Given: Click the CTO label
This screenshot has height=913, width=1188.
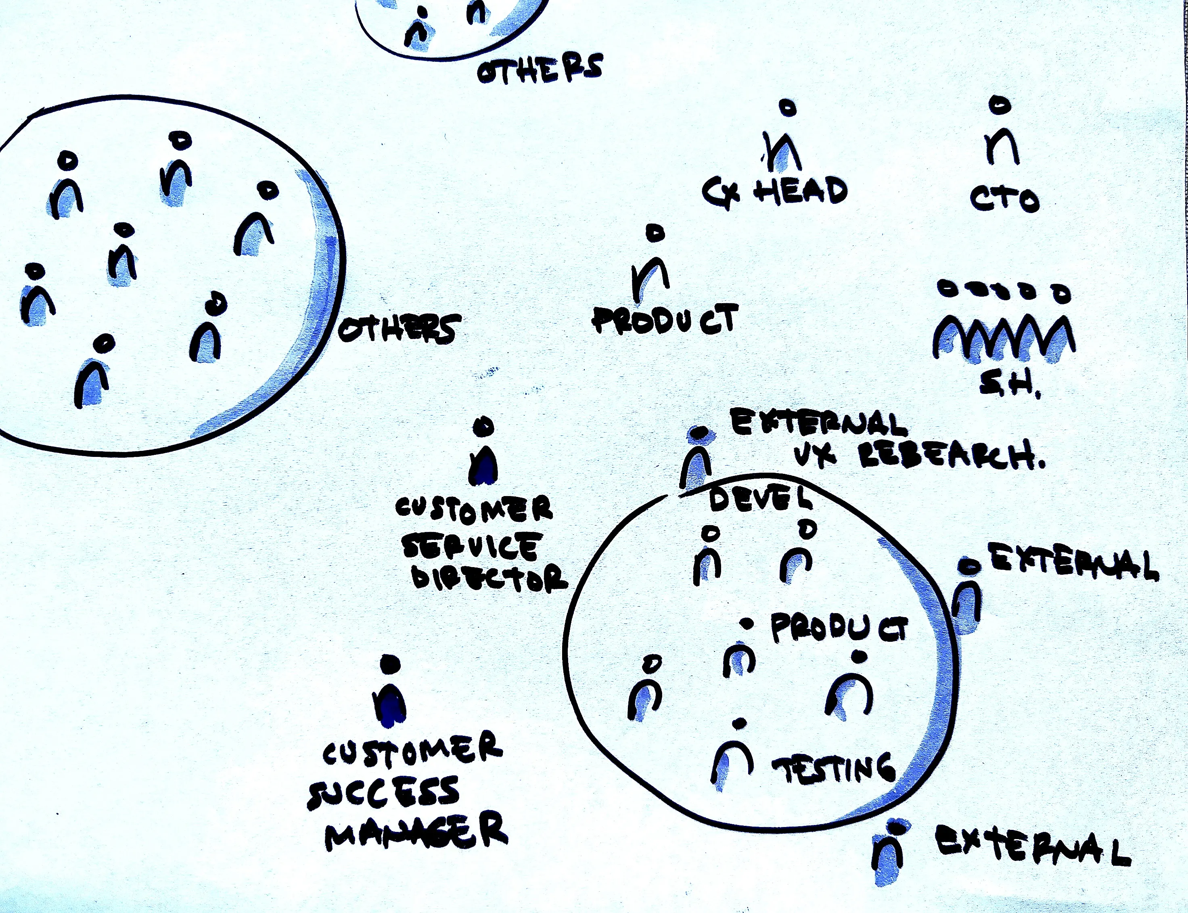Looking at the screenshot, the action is (1004, 199).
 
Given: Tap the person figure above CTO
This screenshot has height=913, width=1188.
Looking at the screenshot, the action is (1001, 133).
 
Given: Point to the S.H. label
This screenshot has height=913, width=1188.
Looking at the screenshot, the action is (1010, 386).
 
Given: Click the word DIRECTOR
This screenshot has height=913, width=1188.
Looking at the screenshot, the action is (489, 577).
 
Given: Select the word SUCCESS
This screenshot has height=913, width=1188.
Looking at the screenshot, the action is (383, 793).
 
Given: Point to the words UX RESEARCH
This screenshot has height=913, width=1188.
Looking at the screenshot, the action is (918, 455).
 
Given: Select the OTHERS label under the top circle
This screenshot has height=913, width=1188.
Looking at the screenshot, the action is (540, 69).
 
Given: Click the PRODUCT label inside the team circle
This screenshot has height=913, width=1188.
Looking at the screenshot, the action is (839, 628).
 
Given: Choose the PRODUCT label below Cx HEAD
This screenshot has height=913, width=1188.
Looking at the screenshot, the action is (665, 318).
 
